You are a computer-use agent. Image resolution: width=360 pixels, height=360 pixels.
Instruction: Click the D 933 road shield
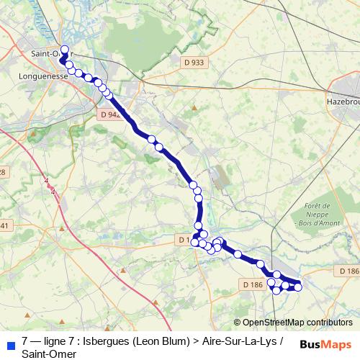coord(194,63)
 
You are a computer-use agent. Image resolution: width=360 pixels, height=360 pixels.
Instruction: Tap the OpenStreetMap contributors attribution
coord(296,323)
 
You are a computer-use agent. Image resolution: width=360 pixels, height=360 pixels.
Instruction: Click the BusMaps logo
coord(325,345)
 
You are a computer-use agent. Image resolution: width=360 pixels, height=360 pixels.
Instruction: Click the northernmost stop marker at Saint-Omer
coord(64,50)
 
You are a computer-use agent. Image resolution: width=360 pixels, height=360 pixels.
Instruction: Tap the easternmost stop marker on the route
coord(298,287)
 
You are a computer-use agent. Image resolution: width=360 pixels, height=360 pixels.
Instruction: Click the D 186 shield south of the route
coord(253,285)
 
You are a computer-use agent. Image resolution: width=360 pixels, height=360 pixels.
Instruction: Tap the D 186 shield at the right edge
coord(348,270)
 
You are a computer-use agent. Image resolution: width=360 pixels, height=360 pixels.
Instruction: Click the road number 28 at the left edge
coord(3,171)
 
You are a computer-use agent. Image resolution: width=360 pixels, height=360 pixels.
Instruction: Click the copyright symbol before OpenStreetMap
coord(238,323)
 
